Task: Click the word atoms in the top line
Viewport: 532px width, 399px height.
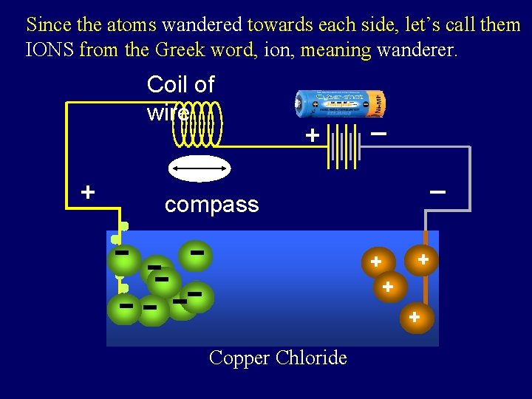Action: tap(132, 24)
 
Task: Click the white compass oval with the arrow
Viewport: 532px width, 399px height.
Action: tap(199, 169)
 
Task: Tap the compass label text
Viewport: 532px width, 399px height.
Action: tap(211, 205)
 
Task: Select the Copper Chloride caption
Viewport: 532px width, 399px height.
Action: tap(278, 358)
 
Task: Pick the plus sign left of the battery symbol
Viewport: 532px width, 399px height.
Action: tap(313, 136)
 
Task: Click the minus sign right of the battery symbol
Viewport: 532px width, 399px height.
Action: tap(378, 134)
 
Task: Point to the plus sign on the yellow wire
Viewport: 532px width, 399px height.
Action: tap(88, 193)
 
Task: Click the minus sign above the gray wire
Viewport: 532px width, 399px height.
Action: tap(437, 192)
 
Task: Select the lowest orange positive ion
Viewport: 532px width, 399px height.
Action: tap(416, 318)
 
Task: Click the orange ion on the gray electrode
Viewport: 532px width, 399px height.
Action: tap(423, 260)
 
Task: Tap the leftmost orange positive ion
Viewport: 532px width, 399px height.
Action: tap(376, 262)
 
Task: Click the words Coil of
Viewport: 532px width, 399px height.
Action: tap(180, 84)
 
